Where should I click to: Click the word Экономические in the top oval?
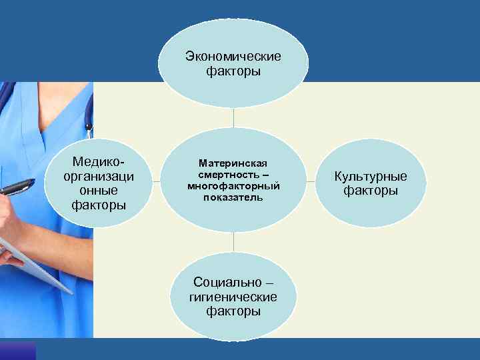(x=233, y=55)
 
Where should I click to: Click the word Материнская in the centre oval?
(x=233, y=163)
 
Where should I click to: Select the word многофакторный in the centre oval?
(x=233, y=185)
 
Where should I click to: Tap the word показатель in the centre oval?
(x=233, y=197)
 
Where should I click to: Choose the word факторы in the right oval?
(x=371, y=191)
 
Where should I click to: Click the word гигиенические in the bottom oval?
(x=233, y=297)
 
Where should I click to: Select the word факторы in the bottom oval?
(x=233, y=311)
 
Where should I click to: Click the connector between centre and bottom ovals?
(x=233, y=243)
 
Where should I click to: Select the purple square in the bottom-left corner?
(x=17, y=351)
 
